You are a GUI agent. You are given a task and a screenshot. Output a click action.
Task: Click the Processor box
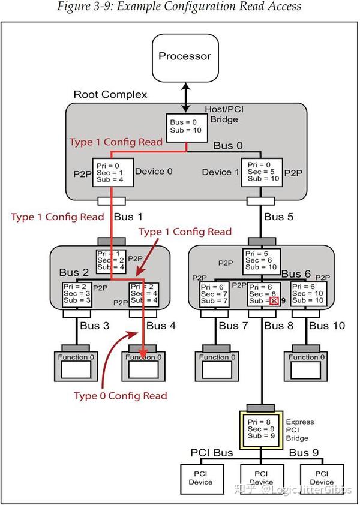click(185, 57)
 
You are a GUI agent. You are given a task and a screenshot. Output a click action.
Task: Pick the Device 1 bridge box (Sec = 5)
click(262, 171)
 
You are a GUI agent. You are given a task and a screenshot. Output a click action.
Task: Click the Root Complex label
click(110, 95)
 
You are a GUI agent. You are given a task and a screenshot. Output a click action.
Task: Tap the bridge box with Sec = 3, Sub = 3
click(77, 293)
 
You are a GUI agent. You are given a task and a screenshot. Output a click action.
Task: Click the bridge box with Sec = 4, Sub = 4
click(144, 293)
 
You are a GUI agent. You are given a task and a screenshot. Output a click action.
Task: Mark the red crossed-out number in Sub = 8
click(274, 301)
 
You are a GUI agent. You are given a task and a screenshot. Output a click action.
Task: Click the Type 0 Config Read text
click(120, 396)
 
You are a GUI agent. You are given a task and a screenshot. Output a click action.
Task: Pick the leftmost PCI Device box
click(200, 478)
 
